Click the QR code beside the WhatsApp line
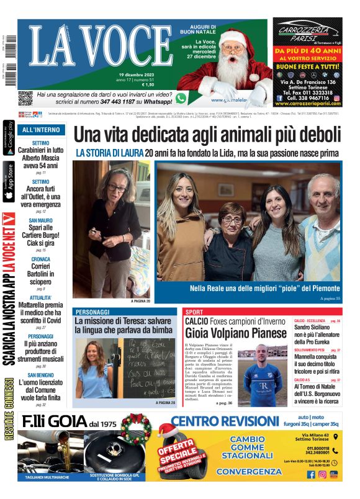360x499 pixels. tap(25, 98)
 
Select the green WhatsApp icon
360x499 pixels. tap(181, 98)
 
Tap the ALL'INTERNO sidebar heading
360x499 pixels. tap(41, 130)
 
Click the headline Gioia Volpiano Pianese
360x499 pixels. tap(235, 333)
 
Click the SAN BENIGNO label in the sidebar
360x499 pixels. tap(41, 375)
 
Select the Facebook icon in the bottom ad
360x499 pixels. tap(311, 475)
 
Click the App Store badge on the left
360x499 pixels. tap(9, 182)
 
